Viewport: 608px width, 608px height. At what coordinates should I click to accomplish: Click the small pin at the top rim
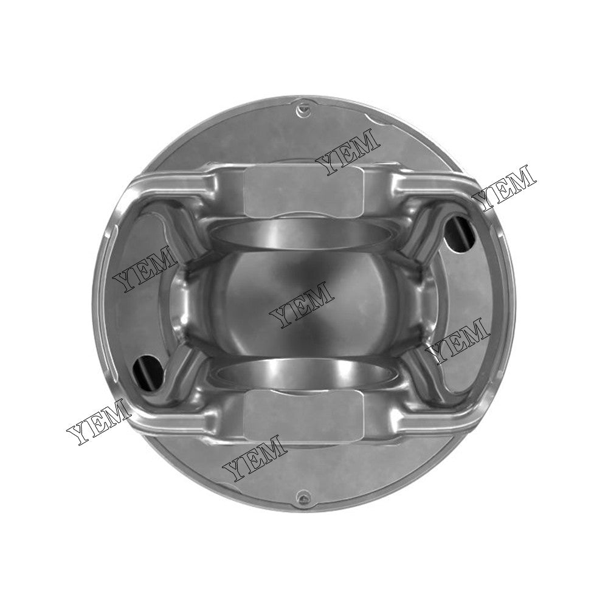303,110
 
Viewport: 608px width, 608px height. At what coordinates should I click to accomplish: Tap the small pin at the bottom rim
300,496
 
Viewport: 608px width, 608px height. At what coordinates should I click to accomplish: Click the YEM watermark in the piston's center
302,304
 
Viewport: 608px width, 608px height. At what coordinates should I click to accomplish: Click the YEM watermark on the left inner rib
144,270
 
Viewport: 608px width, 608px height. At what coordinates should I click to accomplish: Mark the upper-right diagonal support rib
426,237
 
